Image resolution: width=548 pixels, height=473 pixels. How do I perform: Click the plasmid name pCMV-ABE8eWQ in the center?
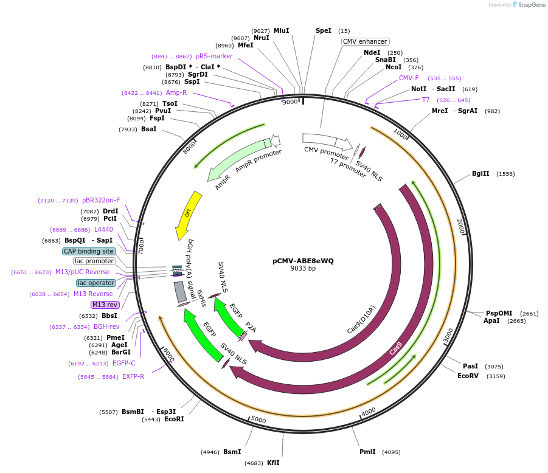coord(303,261)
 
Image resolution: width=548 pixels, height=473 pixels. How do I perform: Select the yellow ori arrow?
coord(188,215)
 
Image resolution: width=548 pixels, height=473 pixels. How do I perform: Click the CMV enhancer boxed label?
coord(365,42)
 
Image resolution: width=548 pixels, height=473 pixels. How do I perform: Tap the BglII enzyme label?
coord(480,173)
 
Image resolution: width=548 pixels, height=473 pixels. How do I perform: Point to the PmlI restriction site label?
coord(367,452)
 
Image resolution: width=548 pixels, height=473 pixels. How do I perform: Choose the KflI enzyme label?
coord(273,463)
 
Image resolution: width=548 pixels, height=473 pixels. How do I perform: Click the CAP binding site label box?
coord(88,251)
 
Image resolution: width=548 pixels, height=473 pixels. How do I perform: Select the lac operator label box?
coord(95,283)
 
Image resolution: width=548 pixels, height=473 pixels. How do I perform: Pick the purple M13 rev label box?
coord(105,305)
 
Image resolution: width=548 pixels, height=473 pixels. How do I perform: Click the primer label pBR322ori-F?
coord(101,200)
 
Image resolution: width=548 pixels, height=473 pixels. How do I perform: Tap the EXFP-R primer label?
coord(133,376)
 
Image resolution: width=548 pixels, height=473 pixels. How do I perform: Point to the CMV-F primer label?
coord(409,78)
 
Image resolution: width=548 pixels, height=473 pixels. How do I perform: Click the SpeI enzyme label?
coord(324,30)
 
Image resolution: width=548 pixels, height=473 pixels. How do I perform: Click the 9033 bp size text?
coord(303,269)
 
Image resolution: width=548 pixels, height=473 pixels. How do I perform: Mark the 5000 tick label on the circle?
coord(258,419)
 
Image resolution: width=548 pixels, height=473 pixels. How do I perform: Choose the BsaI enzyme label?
coord(148,129)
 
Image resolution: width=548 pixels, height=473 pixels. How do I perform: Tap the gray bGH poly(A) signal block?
coord(179,291)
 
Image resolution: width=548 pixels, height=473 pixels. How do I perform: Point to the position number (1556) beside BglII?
coord(505,174)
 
